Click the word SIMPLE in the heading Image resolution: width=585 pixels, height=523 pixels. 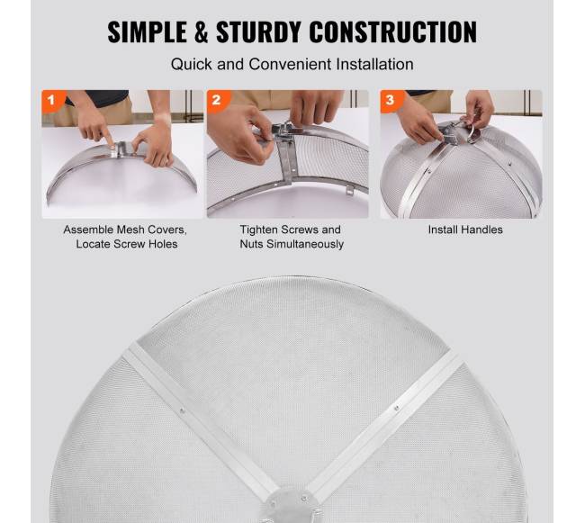[x=148, y=32]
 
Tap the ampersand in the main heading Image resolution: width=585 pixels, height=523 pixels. [x=202, y=32]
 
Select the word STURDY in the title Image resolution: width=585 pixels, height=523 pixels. [x=258, y=32]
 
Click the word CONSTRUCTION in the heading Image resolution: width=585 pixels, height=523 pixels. [x=393, y=32]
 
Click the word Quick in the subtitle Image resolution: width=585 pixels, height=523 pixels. [x=192, y=65]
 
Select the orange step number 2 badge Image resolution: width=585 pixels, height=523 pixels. [x=218, y=100]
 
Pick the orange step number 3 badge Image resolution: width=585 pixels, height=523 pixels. [x=391, y=100]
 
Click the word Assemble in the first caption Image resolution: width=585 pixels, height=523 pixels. [x=88, y=230]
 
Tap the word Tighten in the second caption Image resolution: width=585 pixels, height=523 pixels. [x=257, y=230]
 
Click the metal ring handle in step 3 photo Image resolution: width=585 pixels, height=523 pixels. [x=472, y=132]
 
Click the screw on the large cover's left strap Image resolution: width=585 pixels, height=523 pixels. [x=182, y=411]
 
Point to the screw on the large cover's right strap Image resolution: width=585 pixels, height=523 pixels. [x=397, y=408]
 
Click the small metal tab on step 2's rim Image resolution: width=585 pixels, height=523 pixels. [x=349, y=190]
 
